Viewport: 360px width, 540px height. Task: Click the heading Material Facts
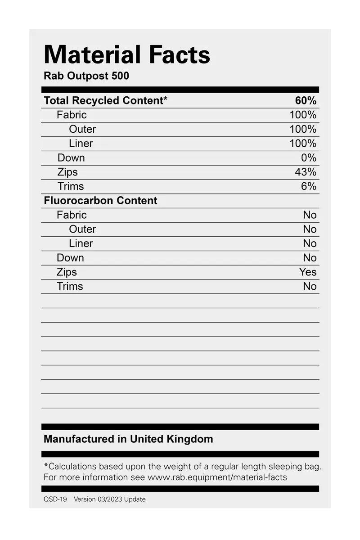(x=127, y=55)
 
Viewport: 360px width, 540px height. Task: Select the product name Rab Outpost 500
(x=86, y=76)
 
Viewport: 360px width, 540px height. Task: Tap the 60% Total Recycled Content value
(x=306, y=100)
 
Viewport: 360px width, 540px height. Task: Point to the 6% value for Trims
(x=309, y=186)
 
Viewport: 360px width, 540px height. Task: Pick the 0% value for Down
(x=309, y=157)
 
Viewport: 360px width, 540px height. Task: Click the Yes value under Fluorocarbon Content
(x=308, y=272)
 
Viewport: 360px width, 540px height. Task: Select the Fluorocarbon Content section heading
(x=100, y=200)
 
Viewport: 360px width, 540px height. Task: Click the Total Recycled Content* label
(x=105, y=100)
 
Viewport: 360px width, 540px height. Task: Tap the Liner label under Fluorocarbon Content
(x=81, y=243)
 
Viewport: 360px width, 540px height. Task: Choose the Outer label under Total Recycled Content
(x=82, y=129)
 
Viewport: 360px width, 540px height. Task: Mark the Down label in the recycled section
(x=71, y=157)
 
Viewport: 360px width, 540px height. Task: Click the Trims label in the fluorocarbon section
(x=70, y=286)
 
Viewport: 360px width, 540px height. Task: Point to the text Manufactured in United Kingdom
(x=128, y=439)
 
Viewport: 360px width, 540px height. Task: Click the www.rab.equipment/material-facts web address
(x=217, y=477)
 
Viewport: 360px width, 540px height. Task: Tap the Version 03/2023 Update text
(x=110, y=499)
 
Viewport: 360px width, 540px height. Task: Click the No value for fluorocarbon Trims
(x=310, y=286)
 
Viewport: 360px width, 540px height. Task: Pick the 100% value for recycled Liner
(x=303, y=143)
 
